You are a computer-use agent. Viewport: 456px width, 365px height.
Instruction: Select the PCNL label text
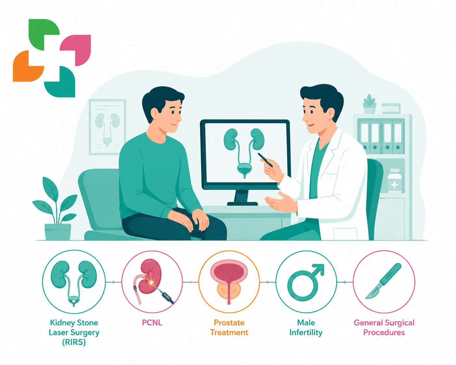[152, 323]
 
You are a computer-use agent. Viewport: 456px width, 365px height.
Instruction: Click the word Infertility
[306, 332]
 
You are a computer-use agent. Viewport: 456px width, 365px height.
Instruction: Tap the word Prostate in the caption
[229, 323]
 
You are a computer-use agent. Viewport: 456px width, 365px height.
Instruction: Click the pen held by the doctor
[265, 160]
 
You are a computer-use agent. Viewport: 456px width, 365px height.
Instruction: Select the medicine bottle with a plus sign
[395, 181]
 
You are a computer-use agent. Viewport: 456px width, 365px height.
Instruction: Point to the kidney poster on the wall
[107, 127]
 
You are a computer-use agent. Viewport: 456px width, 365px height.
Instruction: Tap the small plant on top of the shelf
[369, 104]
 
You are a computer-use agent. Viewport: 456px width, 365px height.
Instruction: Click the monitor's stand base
[242, 204]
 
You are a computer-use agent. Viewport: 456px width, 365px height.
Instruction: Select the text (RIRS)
[74, 342]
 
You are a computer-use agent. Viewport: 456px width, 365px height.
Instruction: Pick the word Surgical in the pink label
[399, 323]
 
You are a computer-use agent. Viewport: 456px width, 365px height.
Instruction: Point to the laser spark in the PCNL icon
[151, 283]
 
